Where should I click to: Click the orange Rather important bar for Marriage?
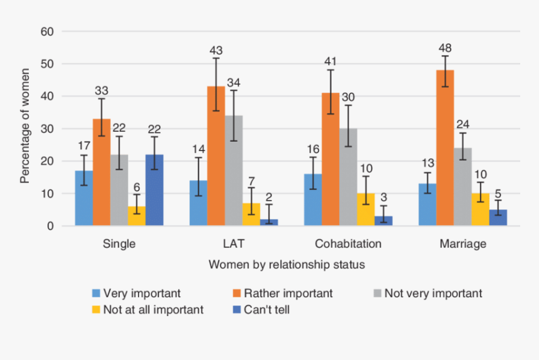pyautogui.click(x=445, y=147)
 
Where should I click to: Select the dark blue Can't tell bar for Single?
pyautogui.click(x=154, y=190)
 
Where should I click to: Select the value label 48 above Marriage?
pyautogui.click(x=445, y=48)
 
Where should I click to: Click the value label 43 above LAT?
pyautogui.click(x=216, y=50)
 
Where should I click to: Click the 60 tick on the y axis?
pyautogui.click(x=48, y=31)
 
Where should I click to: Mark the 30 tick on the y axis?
pyautogui.click(x=48, y=129)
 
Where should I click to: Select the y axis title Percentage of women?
pyautogui.click(x=24, y=129)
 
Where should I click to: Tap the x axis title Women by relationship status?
pyautogui.click(x=286, y=265)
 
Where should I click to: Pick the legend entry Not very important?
pyautogui.click(x=433, y=293)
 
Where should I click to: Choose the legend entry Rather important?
pyautogui.click(x=288, y=293)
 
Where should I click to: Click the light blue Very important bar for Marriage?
pyautogui.click(x=427, y=204)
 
